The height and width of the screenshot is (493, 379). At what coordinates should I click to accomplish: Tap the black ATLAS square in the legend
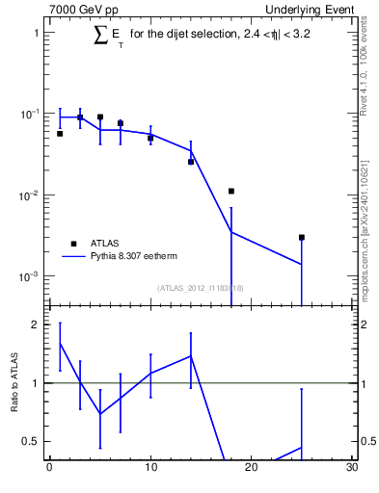pyautogui.click(x=71, y=244)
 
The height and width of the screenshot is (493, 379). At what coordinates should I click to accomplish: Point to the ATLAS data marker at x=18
pyautogui.click(x=231, y=191)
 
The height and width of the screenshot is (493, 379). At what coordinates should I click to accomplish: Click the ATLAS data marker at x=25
pyautogui.click(x=302, y=237)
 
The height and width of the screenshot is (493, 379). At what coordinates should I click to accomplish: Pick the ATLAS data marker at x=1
pyautogui.click(x=60, y=134)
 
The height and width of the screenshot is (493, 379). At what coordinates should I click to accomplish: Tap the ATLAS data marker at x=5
pyautogui.click(x=100, y=117)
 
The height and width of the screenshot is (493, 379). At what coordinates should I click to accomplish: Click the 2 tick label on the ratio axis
pyautogui.click(x=35, y=324)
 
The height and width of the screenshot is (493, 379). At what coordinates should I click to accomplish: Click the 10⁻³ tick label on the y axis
pyautogui.click(x=29, y=276)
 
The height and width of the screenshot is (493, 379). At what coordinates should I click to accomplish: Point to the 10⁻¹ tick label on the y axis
pyautogui.click(x=29, y=114)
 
